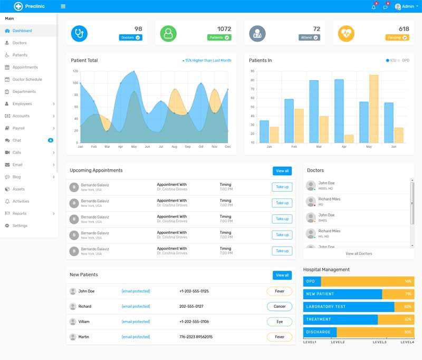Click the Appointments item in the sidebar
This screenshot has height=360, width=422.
(25, 68)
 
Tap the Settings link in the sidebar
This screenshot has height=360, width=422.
(20, 226)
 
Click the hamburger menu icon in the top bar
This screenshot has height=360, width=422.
(63, 6)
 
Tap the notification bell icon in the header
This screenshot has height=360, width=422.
(373, 7)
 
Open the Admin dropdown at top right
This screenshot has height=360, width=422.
(406, 6)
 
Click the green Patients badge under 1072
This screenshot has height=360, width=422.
(219, 37)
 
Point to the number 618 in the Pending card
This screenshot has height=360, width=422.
(404, 29)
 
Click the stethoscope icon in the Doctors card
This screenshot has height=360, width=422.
(79, 33)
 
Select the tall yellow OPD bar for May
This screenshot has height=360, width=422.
(373, 109)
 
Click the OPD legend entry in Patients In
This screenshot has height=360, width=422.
(405, 61)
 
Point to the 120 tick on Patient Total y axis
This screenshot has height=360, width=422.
(75, 71)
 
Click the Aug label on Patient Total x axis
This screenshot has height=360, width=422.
(174, 147)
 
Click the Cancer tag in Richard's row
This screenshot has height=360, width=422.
(280, 306)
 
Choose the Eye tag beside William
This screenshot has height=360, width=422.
(280, 321)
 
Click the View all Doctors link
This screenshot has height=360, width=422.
(359, 254)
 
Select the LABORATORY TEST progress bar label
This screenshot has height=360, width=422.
(325, 307)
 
